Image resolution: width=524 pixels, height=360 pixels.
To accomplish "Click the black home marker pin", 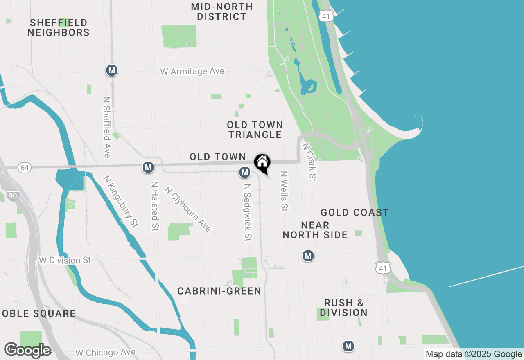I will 262,163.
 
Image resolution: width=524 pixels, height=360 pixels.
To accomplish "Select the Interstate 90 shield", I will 13,196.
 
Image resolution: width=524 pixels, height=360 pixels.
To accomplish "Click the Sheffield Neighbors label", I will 59,27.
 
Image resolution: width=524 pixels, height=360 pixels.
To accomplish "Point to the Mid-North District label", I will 221,11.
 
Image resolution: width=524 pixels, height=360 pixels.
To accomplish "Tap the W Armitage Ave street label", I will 192,72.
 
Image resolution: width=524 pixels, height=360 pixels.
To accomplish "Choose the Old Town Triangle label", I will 255,130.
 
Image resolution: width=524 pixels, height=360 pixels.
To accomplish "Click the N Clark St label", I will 309,162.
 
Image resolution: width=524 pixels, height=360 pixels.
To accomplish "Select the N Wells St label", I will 283,191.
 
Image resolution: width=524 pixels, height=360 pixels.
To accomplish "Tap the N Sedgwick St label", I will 247,212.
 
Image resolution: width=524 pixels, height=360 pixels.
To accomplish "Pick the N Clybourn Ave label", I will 188,209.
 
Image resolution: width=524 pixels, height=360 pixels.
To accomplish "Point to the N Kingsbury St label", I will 121,201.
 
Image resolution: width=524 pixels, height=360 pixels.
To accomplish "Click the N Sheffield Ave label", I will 107,127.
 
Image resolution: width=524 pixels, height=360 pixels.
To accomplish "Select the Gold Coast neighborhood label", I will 355,212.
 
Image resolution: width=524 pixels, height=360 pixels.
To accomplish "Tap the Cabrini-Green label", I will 219,291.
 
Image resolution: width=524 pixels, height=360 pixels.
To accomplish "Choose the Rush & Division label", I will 343,308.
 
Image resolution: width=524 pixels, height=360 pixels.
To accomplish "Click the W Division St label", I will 65,260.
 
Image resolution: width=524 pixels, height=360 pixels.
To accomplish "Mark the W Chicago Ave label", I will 105,353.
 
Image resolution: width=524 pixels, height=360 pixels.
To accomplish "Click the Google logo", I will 27,350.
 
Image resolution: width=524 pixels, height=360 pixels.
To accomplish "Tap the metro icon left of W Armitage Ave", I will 112,70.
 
